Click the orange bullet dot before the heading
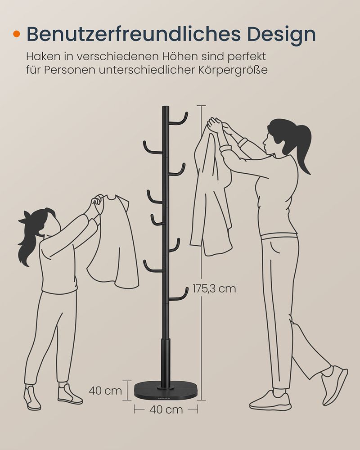pos(17,34)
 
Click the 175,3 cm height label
pos(214,288)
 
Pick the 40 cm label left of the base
pos(105,391)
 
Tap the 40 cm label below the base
pos(166,409)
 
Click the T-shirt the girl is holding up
pos(115,244)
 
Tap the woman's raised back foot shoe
pos(334,385)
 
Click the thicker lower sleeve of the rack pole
pos(166,363)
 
